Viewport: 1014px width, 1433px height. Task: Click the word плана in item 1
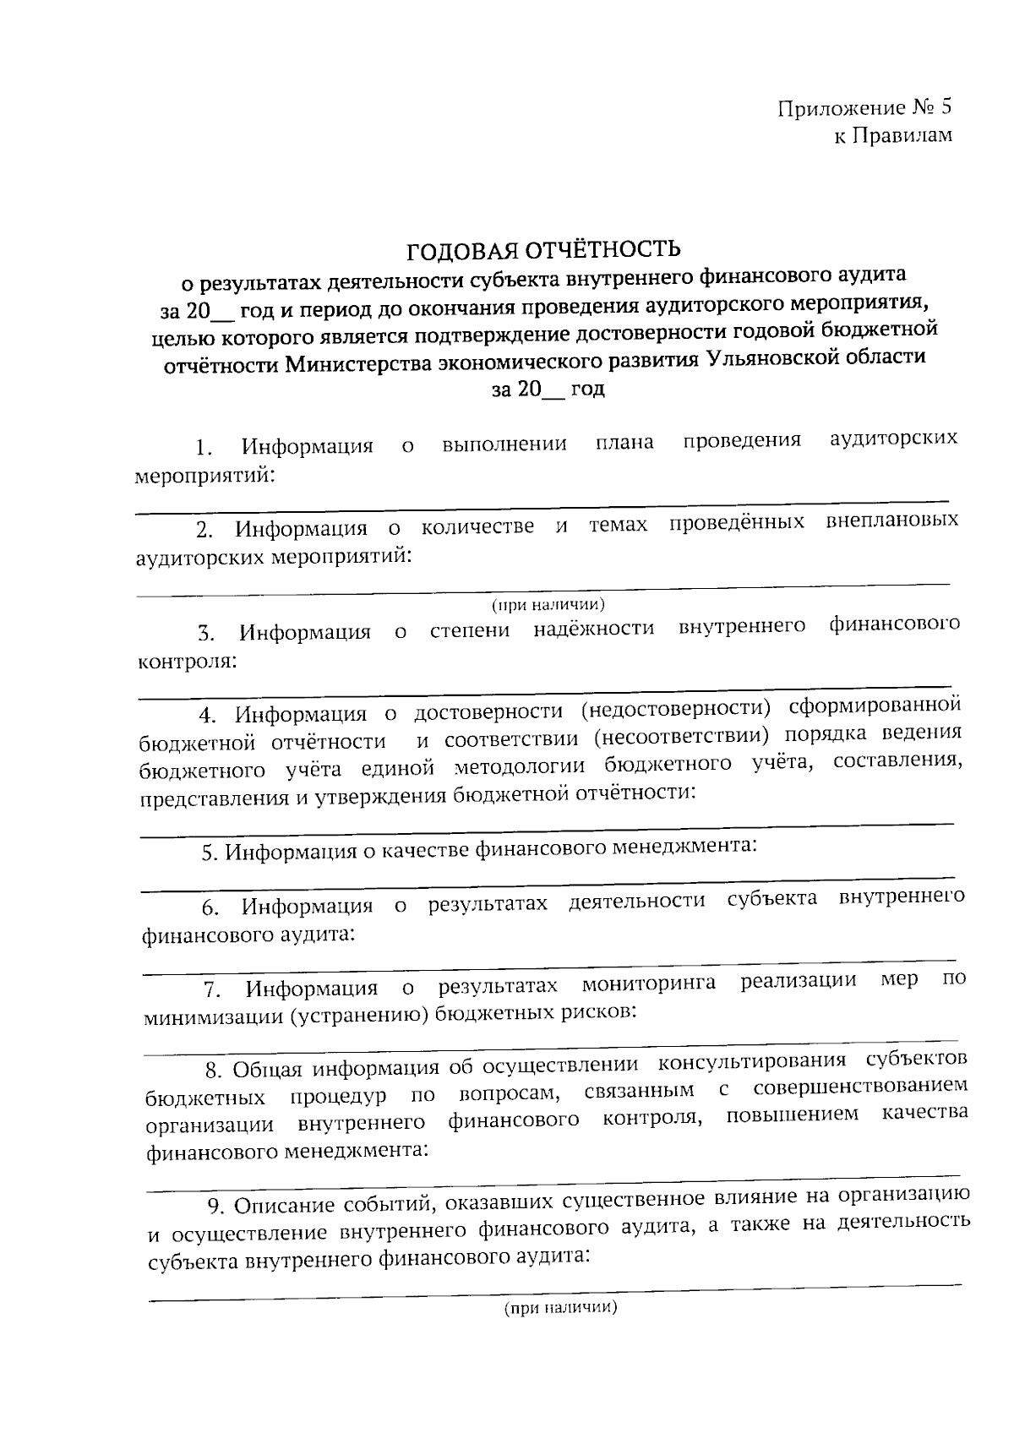tap(624, 442)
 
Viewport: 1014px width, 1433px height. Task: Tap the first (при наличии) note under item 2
tap(548, 604)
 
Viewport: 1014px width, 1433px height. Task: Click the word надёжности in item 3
tap(594, 629)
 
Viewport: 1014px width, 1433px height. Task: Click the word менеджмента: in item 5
tap(684, 846)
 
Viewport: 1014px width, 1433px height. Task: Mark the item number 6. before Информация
tap(210, 908)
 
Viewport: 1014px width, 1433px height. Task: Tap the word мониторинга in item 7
tap(649, 983)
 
